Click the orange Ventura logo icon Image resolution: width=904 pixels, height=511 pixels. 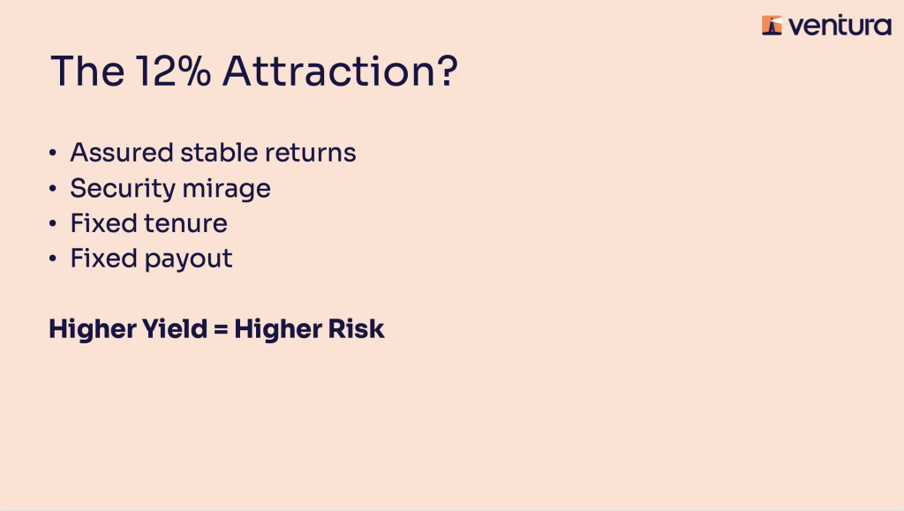[x=772, y=26]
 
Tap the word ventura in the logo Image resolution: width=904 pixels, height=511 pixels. [x=840, y=26]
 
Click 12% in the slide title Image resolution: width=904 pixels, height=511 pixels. [x=174, y=71]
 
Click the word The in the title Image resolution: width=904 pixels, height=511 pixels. [x=87, y=71]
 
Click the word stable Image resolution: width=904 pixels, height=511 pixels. [x=219, y=153]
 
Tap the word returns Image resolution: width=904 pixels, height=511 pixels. [x=310, y=154]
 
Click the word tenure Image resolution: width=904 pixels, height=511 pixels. [x=185, y=223]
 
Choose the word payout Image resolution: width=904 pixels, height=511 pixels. [x=189, y=259]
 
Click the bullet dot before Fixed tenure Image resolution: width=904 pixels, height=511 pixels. [x=53, y=223]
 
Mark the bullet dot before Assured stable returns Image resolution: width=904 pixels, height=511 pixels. [x=53, y=153]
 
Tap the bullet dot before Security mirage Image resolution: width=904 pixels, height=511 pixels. [x=53, y=188]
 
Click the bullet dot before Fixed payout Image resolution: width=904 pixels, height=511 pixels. [x=53, y=259]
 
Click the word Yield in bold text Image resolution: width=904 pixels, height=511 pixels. [x=175, y=329]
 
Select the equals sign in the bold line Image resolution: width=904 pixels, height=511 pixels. [x=221, y=330]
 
